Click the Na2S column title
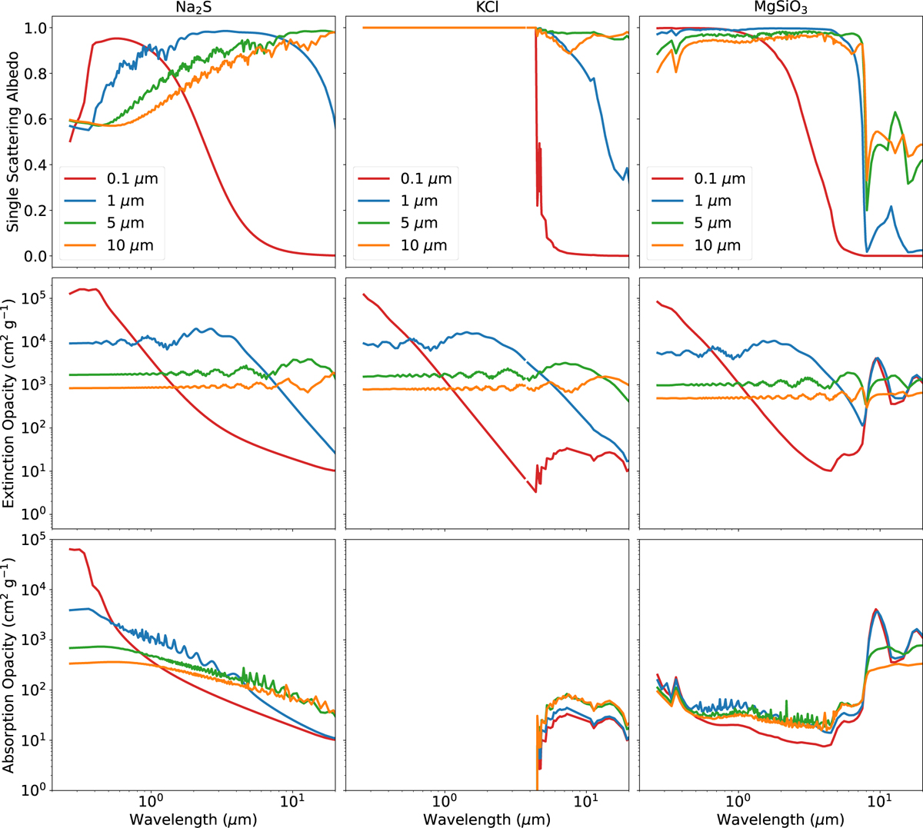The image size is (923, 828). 193,7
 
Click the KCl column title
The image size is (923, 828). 487,7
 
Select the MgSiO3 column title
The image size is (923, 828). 781,7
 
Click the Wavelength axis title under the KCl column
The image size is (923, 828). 487,819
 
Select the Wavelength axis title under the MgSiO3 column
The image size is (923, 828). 781,819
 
